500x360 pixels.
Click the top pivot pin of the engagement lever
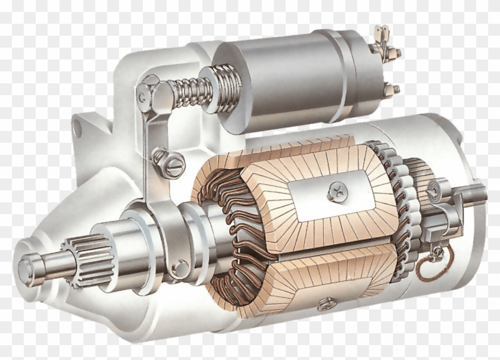tap(142, 95)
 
